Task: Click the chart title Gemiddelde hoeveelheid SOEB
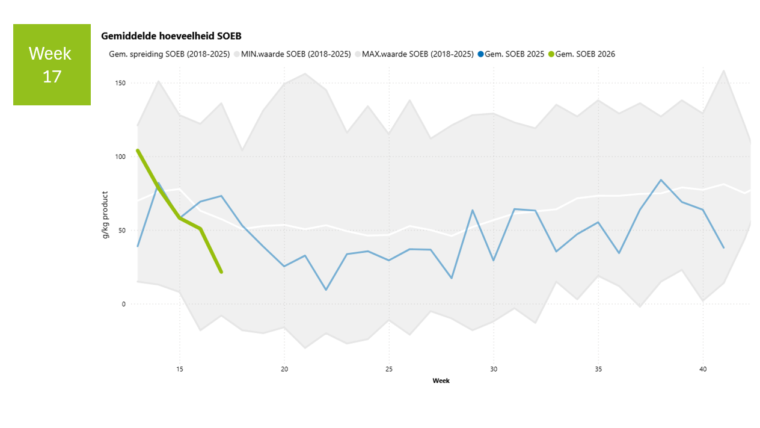click(x=171, y=37)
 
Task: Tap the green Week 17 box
click(x=52, y=64)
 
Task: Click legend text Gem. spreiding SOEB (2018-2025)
click(x=169, y=54)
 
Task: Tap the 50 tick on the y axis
click(x=121, y=231)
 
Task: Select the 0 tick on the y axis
click(x=123, y=305)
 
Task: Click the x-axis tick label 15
click(x=180, y=368)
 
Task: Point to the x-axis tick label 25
click(x=389, y=368)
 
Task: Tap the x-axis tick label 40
click(x=702, y=368)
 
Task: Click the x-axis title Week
click(x=441, y=380)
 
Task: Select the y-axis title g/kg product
click(x=105, y=215)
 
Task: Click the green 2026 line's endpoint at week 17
click(x=221, y=272)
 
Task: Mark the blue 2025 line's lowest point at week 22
click(x=326, y=290)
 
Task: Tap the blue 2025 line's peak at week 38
click(x=661, y=180)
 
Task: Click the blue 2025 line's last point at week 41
click(x=723, y=247)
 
